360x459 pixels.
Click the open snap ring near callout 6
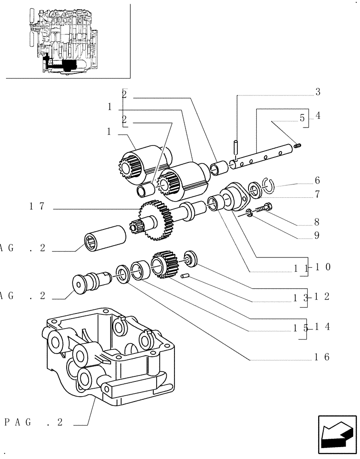pos(270,185)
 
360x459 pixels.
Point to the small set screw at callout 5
pos(297,146)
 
